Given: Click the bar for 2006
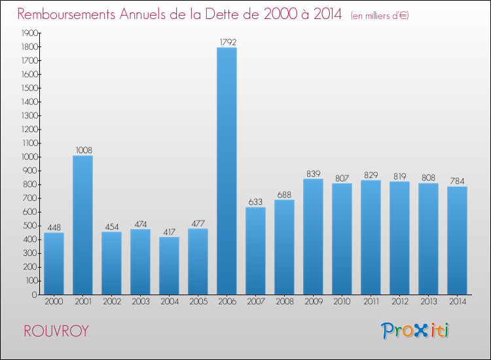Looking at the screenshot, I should (227, 171).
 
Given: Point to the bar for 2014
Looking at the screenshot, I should (457, 240).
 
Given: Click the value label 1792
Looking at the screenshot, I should (227, 42).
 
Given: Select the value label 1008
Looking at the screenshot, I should (82, 150).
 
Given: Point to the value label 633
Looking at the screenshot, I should (255, 202).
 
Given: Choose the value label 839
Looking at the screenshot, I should (313, 173).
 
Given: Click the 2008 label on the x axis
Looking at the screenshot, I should (284, 302).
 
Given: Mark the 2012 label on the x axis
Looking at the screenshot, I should (399, 302).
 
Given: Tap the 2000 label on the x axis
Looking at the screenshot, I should (54, 302).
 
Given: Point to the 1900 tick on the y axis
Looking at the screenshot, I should (28, 33).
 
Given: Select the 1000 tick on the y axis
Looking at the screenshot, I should (28, 157).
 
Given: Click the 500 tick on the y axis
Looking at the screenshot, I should (30, 226).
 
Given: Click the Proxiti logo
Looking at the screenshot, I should (415, 331).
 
